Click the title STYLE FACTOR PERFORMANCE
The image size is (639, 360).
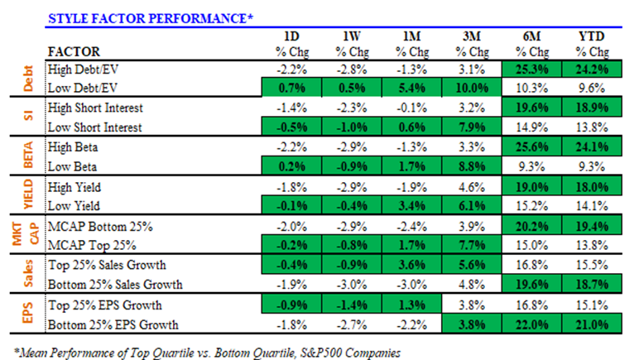(150, 17)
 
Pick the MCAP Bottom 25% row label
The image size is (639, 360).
(99, 227)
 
